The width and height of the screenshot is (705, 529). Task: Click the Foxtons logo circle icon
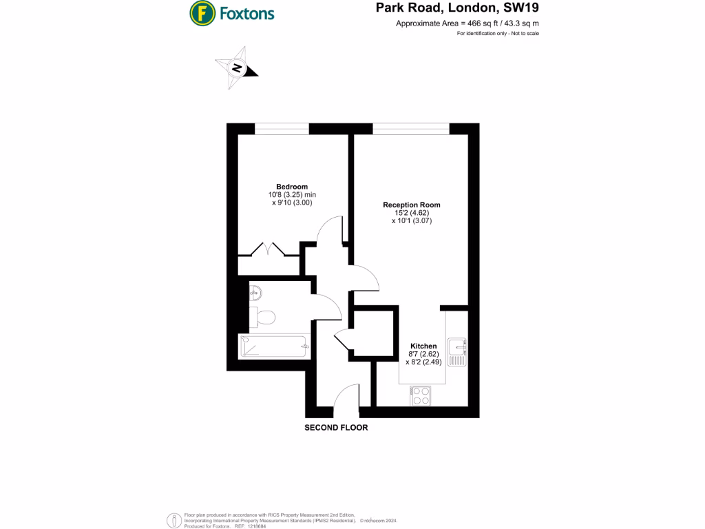coord(201,12)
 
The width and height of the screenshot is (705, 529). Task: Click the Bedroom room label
coord(292,187)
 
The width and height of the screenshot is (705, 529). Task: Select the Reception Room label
coord(412,205)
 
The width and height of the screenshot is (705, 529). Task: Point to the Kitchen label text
coord(423,346)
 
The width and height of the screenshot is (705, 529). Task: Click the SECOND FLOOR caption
coord(336,428)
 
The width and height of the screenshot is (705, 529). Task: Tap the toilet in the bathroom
coord(264,317)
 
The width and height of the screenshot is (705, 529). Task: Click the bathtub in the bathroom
coord(274,346)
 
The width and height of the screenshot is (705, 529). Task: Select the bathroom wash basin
coord(255,293)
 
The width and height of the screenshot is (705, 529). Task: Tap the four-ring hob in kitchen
coord(421,395)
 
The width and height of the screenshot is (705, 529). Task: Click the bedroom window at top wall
coord(282,128)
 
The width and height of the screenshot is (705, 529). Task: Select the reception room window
coord(411,128)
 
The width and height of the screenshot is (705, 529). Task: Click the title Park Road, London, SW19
coord(456,9)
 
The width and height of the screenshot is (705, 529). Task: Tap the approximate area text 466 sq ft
coord(467,23)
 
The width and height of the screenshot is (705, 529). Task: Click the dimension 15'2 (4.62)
coord(412,213)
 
